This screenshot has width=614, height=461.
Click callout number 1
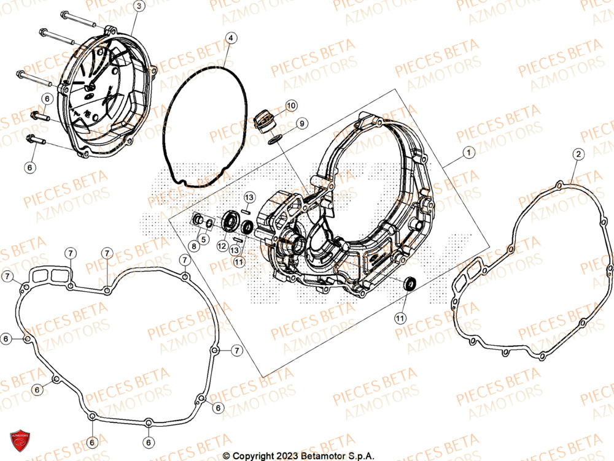468,152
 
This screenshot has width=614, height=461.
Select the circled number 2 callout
578,154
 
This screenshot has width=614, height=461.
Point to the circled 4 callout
230,38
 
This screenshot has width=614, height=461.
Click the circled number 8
193,246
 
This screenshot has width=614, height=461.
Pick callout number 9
301,124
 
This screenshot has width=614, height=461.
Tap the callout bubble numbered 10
290,105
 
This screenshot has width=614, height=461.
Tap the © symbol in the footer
226,455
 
